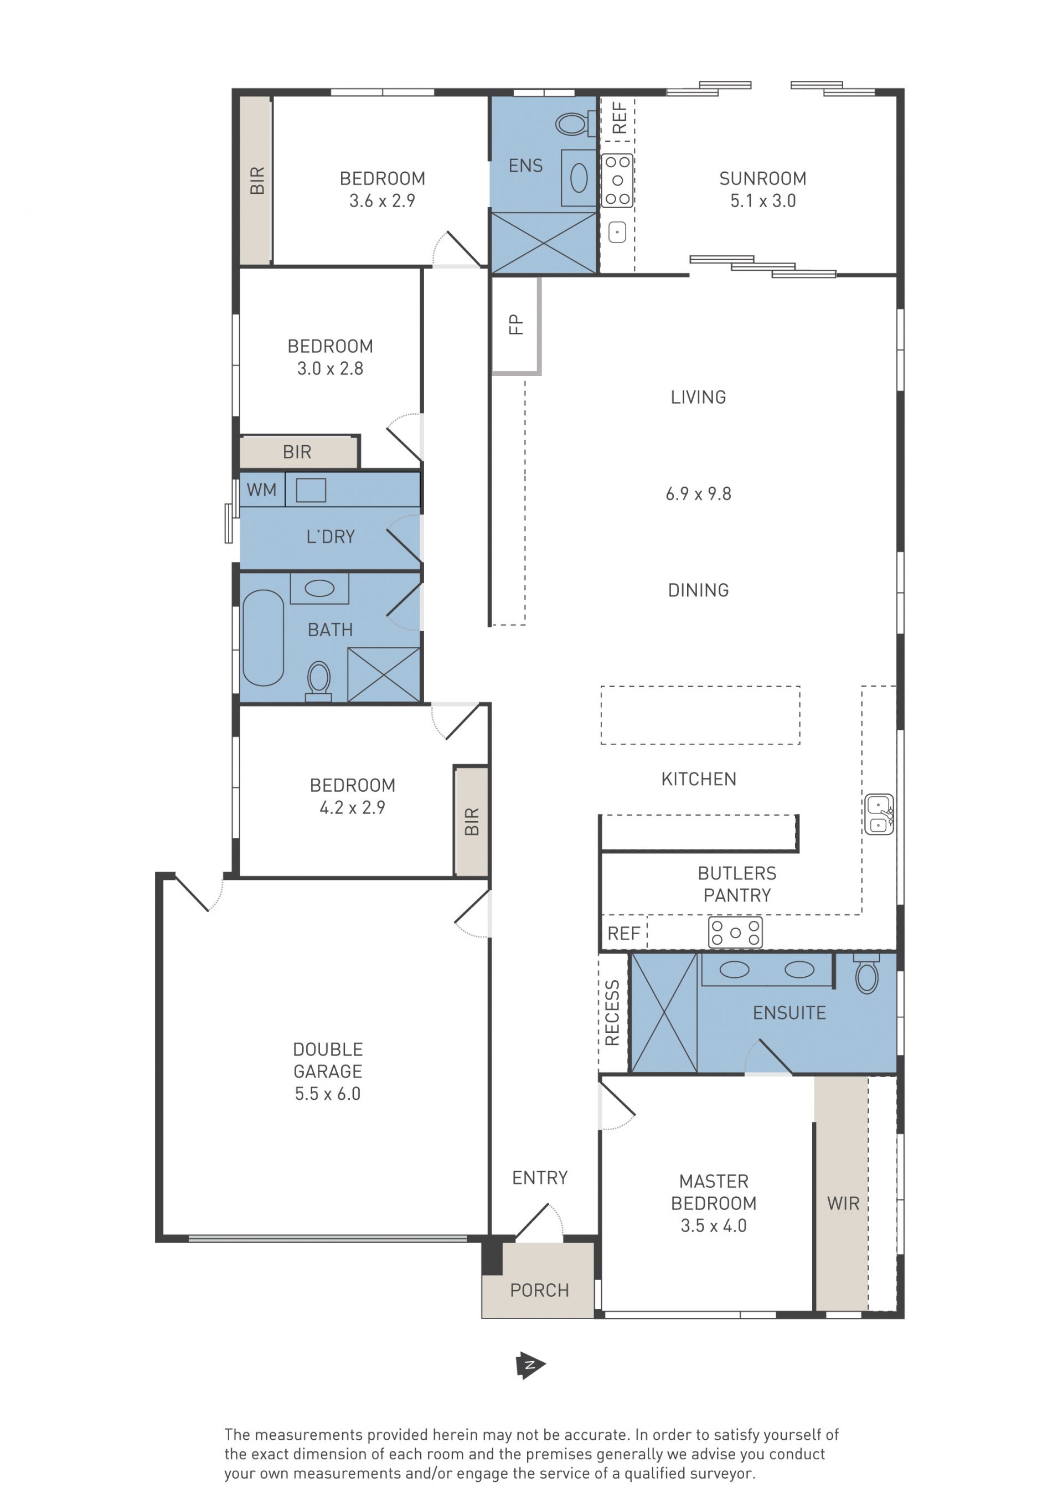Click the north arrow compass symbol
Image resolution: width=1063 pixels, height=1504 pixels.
coord(530,1365)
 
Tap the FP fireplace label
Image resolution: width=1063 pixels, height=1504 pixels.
coord(516,325)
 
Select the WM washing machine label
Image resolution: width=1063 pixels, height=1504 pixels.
coord(261,490)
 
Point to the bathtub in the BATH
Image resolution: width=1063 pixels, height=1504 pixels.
coord(264,637)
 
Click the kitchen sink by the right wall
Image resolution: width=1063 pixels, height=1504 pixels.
coord(879,814)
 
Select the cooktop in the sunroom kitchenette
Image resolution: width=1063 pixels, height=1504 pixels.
coord(617,180)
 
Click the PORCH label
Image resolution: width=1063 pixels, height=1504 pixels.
coord(539,1290)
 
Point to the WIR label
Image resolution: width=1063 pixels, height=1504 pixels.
coord(843,1203)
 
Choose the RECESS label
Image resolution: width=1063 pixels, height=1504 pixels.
coord(612,1013)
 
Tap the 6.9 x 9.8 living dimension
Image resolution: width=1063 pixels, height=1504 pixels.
coord(698,494)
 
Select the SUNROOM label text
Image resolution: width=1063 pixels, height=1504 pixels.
coord(762,178)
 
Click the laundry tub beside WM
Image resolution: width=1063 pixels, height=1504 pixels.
coord(311,490)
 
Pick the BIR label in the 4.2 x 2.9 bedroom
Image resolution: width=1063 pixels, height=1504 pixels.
coord(472,821)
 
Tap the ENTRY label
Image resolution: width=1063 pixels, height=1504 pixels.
coord(540,1178)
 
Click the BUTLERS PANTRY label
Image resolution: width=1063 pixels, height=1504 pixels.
coord(737,884)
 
